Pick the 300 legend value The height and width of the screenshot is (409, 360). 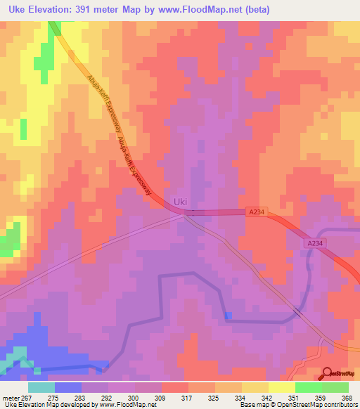tap(134, 396)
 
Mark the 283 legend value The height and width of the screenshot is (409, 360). tap(81, 396)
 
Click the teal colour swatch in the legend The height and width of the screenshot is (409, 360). tap(41, 387)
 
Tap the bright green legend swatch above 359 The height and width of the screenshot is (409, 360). tap(309, 387)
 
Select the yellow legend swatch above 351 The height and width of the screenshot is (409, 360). tap(282, 387)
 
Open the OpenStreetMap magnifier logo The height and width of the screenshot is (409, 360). tap(328, 373)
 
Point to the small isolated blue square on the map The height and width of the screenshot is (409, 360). tap(227, 316)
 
